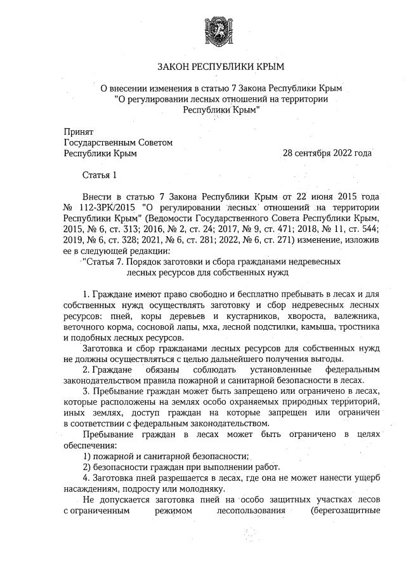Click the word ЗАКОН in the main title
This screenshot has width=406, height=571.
[173, 65]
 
